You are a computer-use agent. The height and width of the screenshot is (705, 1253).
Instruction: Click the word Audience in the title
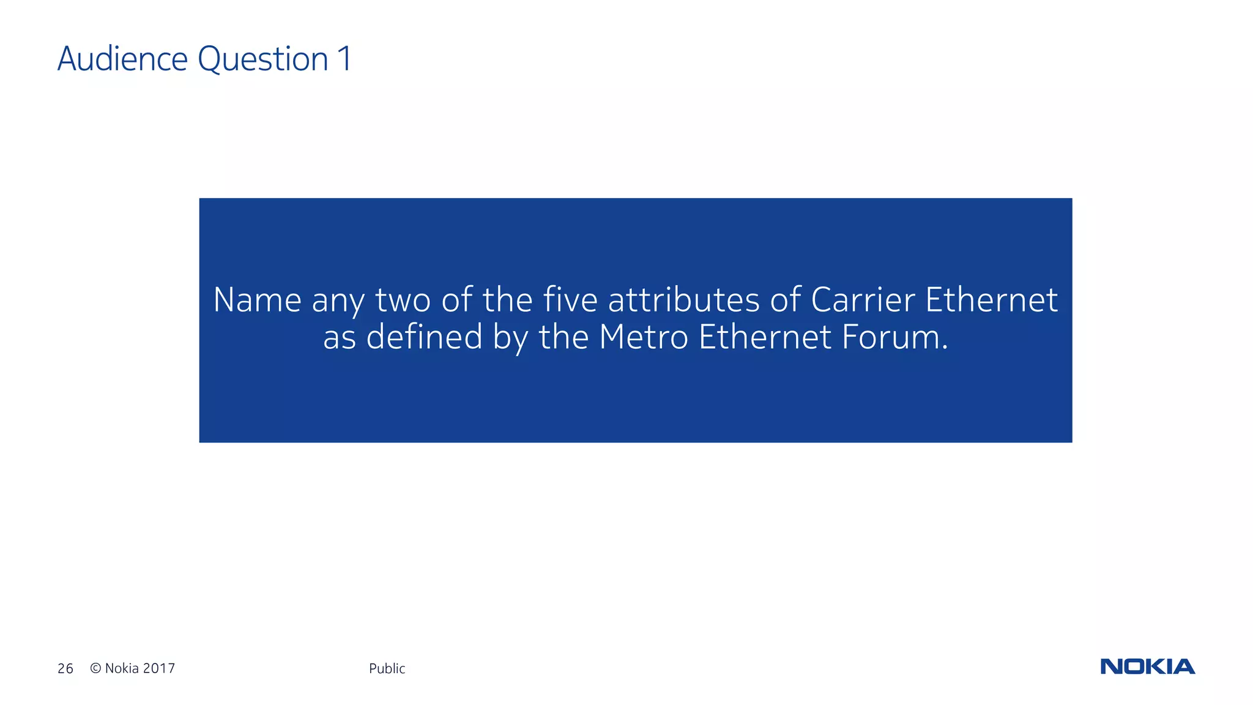tap(122, 59)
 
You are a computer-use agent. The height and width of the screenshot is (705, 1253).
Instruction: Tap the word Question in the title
tap(263, 59)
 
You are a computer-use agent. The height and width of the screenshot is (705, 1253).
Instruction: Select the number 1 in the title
tap(344, 59)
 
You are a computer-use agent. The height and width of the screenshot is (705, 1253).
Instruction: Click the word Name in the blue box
tap(257, 300)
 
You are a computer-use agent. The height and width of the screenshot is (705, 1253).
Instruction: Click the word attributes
tap(683, 300)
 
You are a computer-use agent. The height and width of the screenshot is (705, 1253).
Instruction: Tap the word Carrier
tap(863, 300)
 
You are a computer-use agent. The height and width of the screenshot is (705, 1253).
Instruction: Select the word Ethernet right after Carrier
tap(991, 300)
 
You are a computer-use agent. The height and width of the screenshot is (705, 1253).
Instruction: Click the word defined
tap(424, 337)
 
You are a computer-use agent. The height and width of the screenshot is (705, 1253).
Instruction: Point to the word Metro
tap(644, 337)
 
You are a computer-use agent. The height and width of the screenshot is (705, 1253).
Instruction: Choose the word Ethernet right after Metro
tap(765, 337)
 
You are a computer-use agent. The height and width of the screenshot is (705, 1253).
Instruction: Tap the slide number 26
tap(65, 668)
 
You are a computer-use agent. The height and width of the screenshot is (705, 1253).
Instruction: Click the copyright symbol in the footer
tap(95, 668)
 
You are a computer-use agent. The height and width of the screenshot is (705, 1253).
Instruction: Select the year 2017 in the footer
tap(159, 668)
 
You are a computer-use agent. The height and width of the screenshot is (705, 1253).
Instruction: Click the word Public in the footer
tap(387, 668)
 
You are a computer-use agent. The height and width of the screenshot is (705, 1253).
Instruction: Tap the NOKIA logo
tap(1147, 666)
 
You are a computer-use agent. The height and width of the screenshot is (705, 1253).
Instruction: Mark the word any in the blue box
tap(337, 301)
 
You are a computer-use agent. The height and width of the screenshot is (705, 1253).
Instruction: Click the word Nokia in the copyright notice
tap(122, 668)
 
